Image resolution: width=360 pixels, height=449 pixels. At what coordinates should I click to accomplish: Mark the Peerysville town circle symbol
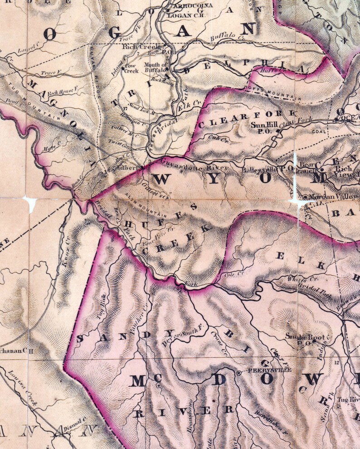tap(239, 372)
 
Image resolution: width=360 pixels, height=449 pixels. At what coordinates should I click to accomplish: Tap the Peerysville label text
tap(263, 371)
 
